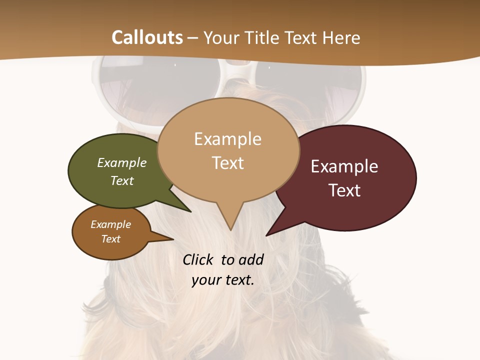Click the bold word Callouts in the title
click(147, 37)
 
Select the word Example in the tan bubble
click(227, 139)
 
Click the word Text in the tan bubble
click(227, 163)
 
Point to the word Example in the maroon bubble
click(344, 166)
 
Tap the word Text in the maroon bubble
click(344, 190)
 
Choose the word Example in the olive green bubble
click(122, 163)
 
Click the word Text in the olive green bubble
click(122, 181)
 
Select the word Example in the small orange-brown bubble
click(111, 224)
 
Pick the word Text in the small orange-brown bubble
click(111, 239)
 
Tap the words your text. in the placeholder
click(223, 280)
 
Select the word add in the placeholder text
click(250, 259)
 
